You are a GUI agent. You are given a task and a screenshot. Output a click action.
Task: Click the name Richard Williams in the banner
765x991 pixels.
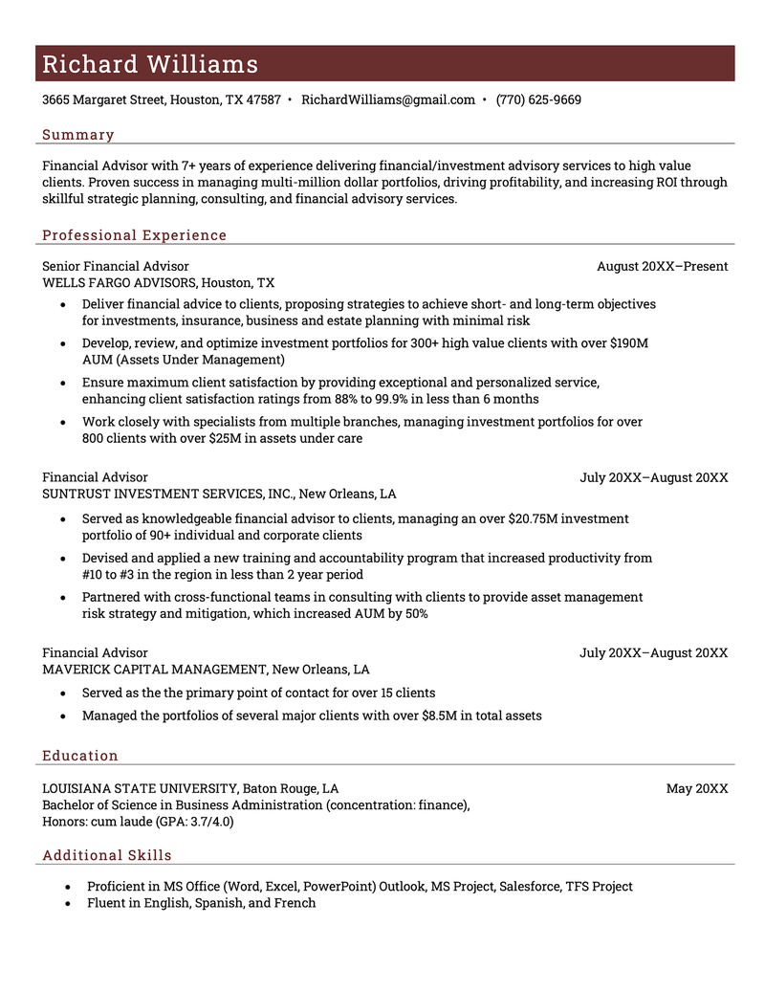[x=150, y=64]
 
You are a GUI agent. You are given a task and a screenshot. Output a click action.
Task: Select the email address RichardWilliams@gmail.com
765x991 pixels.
[x=387, y=99]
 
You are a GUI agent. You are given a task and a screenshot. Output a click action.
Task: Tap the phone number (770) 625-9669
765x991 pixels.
[x=538, y=99]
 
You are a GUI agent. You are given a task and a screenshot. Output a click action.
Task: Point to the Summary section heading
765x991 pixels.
[x=78, y=135]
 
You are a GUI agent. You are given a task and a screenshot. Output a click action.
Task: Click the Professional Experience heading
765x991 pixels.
[x=135, y=235]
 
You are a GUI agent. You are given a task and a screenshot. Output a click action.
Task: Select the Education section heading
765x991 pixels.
[x=80, y=756]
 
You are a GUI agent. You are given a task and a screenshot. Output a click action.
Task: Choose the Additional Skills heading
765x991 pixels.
[x=107, y=855]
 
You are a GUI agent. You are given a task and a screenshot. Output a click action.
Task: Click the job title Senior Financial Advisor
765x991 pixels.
[x=116, y=266]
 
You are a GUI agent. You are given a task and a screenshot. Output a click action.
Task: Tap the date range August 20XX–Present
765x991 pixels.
[x=662, y=266]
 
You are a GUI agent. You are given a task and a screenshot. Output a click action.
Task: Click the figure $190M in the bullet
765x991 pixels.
[x=628, y=342]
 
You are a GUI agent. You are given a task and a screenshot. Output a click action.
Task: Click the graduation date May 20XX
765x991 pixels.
[x=697, y=788]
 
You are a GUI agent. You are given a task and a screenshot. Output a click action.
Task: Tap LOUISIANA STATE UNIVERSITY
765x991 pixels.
[x=140, y=788]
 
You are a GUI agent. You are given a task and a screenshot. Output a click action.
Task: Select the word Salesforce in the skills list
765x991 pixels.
[x=529, y=887]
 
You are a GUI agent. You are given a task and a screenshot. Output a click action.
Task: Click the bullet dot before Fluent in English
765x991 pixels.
[x=67, y=903]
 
